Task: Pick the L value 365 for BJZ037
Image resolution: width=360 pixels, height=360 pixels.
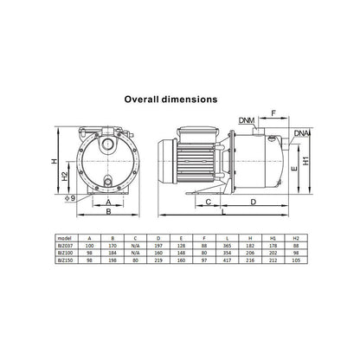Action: click(x=227, y=244)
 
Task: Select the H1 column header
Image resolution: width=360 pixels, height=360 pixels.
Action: click(x=274, y=235)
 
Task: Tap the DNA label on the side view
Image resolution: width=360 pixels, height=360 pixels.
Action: click(x=302, y=133)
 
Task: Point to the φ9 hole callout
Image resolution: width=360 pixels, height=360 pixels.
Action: click(x=58, y=198)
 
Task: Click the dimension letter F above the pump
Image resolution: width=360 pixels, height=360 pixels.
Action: click(x=272, y=113)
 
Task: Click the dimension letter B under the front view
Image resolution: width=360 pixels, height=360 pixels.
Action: click(x=106, y=209)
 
